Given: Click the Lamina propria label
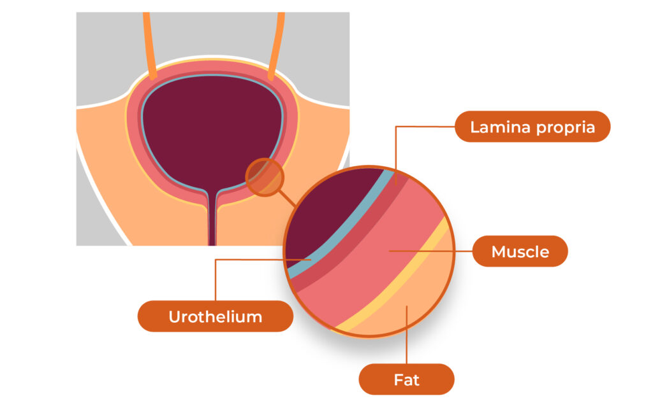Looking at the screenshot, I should [x=532, y=127].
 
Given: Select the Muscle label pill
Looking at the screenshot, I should [x=520, y=251].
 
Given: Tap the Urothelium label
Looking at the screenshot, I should [x=216, y=316].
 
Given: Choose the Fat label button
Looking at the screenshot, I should [x=406, y=380].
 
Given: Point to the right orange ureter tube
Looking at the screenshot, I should [x=277, y=45].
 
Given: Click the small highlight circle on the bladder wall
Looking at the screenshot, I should [x=263, y=176].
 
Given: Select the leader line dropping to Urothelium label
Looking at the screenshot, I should [x=216, y=280].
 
